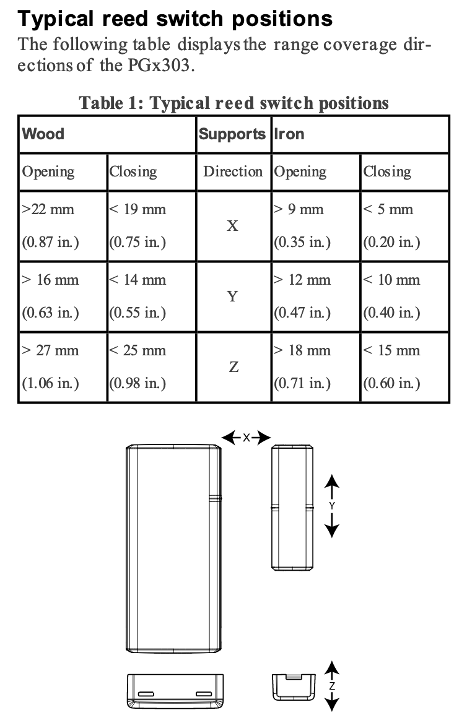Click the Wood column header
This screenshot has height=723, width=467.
pos(43,134)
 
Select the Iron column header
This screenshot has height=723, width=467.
pos(289,134)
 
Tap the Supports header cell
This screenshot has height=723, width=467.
pos(232,134)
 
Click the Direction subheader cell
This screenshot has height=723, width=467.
pos(233,171)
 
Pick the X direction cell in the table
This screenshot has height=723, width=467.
pos(233,225)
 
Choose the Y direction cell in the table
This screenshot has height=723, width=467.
pos(233,296)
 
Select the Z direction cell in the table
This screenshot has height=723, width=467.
pos(234,366)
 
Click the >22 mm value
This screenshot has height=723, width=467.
pos(48,209)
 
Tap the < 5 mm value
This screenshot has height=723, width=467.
pos(388,209)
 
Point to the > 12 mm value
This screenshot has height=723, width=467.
pos(302,280)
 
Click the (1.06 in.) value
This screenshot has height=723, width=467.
pos(50,383)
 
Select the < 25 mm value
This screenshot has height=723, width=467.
pos(137,350)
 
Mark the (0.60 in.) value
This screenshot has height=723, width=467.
pos(392,383)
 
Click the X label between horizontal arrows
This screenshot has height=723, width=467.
pos(247,438)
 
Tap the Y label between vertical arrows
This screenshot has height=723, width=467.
pos(332,506)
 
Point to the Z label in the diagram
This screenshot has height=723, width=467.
pos(332,686)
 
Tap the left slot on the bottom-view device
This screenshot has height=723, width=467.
pos(146,694)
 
